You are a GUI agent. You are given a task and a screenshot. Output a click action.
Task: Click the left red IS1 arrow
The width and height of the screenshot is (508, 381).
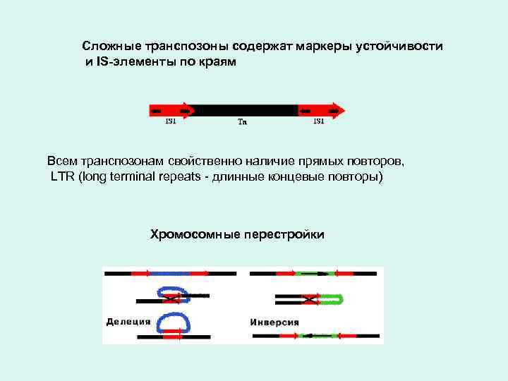pos(170,110)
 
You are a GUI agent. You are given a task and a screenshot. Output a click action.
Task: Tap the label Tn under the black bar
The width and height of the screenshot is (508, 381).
pos(242,121)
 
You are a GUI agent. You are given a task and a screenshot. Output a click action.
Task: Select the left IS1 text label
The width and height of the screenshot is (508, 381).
pos(171,121)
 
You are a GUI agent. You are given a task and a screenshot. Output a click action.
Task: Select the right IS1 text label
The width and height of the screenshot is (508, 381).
pos(319,121)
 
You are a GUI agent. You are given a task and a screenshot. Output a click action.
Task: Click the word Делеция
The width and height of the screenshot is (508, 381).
pos(128,322)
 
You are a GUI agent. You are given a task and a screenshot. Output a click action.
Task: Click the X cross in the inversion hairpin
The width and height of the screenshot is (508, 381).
pos(308,300)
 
